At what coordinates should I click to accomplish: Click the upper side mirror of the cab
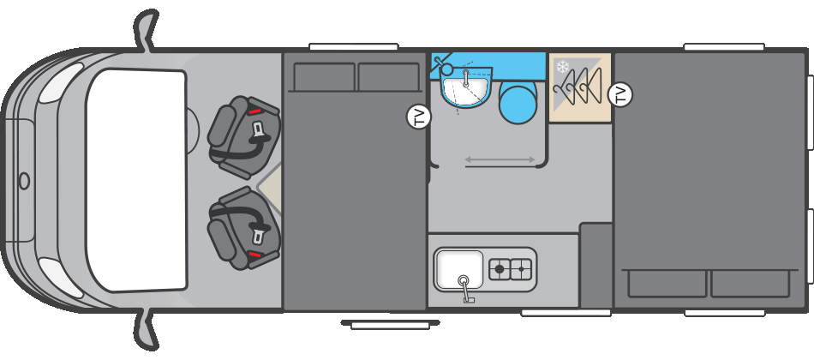click(146, 30)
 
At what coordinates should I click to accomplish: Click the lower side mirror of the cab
click(146, 330)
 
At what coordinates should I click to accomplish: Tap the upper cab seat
click(243, 130)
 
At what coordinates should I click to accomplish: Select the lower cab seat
click(243, 228)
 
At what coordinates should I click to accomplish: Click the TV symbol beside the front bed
click(419, 117)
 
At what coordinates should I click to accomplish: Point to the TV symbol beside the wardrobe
click(620, 94)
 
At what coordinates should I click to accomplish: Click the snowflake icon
click(563, 67)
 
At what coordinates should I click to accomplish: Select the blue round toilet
click(518, 102)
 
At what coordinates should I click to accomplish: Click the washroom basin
click(465, 87)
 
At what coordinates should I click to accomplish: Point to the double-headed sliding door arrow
click(500, 160)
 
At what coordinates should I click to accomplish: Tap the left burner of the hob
click(500, 269)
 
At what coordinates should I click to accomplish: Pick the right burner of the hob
click(521, 269)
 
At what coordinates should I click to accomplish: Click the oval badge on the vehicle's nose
click(24, 181)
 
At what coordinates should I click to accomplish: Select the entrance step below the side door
click(391, 325)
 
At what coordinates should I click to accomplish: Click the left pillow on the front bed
click(325, 77)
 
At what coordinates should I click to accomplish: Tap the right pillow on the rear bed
click(750, 284)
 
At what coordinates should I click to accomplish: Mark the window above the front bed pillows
click(354, 47)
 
